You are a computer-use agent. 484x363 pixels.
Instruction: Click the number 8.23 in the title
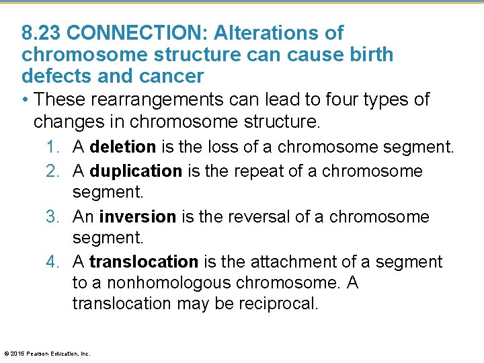(42, 33)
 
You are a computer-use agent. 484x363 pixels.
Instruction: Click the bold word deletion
(122, 147)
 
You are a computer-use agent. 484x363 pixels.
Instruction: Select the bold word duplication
(136, 171)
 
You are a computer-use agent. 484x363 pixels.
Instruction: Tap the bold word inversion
(137, 217)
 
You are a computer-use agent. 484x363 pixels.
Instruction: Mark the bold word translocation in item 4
(144, 261)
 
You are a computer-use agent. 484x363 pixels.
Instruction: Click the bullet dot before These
(25, 100)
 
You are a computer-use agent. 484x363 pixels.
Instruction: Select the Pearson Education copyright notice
(47, 353)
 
